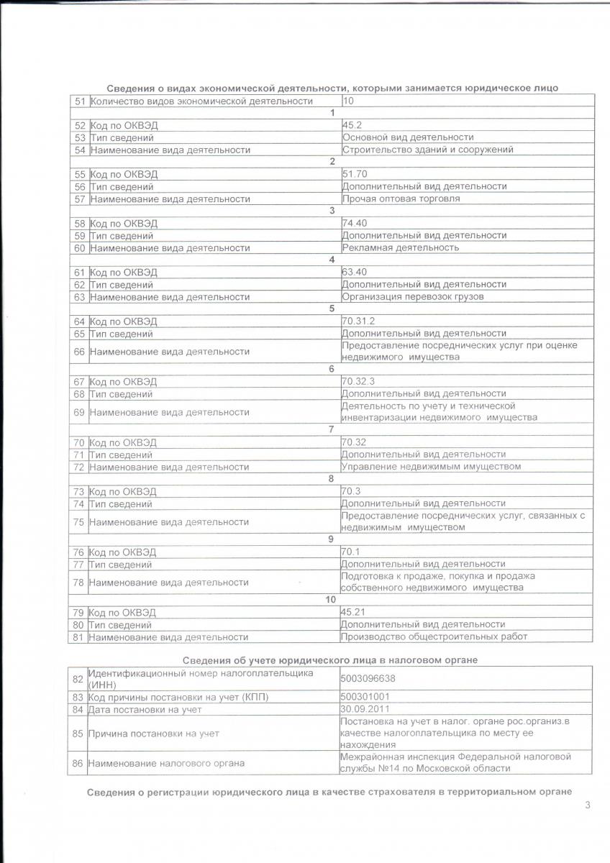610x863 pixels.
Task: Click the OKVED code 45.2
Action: tap(352, 125)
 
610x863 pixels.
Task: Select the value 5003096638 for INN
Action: tap(368, 678)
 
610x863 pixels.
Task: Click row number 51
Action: tap(80, 101)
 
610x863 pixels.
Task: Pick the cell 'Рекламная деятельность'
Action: tap(401, 247)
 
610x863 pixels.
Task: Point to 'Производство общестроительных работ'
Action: tap(434, 636)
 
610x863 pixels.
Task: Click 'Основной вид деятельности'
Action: tap(408, 137)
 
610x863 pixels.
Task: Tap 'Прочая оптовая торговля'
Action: tap(401, 198)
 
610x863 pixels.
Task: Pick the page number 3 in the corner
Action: tap(588, 805)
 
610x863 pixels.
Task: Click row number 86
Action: tap(78, 763)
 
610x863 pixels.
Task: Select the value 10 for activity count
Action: tap(348, 101)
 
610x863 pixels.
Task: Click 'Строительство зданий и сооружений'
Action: tap(417, 150)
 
